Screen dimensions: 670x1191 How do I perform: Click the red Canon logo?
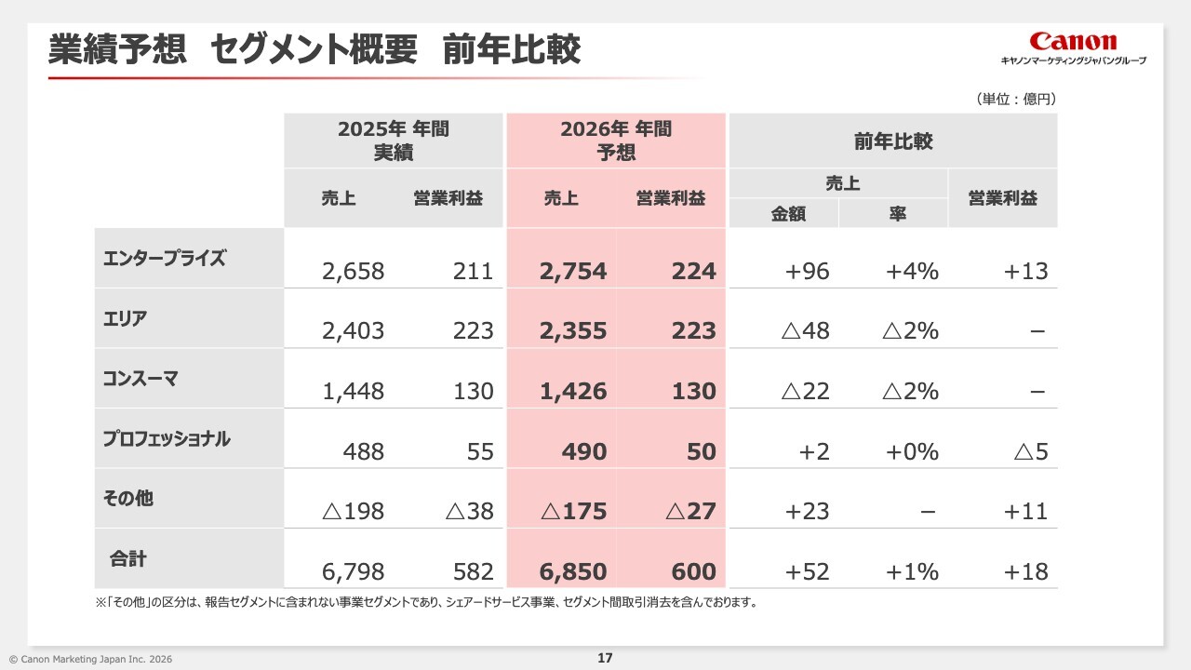[x=1073, y=42]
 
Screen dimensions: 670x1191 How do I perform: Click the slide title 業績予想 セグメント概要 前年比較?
[x=314, y=50]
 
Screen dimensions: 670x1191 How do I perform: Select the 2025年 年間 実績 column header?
[x=394, y=141]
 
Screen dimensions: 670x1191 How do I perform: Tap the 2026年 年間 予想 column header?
[x=616, y=141]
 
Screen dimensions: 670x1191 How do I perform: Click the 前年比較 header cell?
[x=893, y=141]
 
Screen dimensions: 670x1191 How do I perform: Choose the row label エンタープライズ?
[x=165, y=259]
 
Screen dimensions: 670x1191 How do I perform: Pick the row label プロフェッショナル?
[x=167, y=438]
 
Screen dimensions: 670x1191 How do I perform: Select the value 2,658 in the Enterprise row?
[x=353, y=272]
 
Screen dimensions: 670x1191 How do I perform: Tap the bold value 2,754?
[x=572, y=272]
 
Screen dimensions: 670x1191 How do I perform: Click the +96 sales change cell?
[x=807, y=272]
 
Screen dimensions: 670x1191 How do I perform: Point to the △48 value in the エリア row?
[x=805, y=331]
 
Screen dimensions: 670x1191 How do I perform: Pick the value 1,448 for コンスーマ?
[x=353, y=392]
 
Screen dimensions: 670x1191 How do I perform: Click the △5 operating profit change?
[x=1030, y=452]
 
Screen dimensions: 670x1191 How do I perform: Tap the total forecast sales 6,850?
[x=572, y=571]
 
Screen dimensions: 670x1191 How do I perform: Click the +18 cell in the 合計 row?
[x=1025, y=571]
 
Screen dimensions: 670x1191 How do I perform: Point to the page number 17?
[x=605, y=659]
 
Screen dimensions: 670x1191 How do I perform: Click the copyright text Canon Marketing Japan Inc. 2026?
[x=90, y=659]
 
